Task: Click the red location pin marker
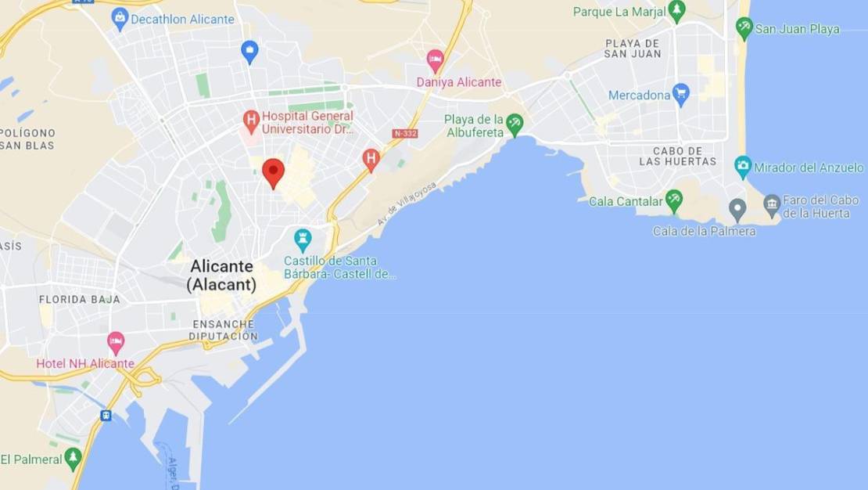273,171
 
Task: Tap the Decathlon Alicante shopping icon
120,18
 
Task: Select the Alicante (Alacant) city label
222,276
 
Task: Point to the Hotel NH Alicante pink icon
116,342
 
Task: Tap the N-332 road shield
405,134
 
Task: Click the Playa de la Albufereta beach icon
515,123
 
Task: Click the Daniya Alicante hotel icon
436,59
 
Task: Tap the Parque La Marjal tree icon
677,11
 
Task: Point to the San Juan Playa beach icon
744,28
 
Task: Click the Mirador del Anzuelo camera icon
743,167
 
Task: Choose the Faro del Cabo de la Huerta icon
772,206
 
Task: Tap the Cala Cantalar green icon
674,200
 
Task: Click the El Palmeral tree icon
74,457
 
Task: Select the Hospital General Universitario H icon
251,121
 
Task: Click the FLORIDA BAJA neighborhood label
80,299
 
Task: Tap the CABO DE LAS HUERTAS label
677,156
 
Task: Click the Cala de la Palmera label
704,231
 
